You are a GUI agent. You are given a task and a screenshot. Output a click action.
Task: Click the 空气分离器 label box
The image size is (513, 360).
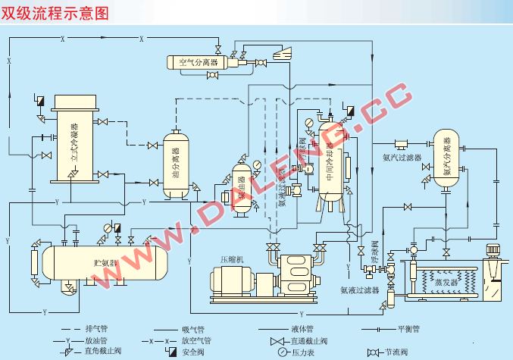coord(198,61)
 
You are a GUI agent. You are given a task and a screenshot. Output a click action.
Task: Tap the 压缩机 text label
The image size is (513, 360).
coord(231,258)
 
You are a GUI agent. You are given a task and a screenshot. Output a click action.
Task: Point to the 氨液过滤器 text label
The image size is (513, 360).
coord(358,290)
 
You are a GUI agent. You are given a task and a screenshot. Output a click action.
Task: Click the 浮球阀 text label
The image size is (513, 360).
coord(374,258)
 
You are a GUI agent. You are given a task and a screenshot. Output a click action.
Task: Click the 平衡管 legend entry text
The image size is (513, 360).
coord(408,329)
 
